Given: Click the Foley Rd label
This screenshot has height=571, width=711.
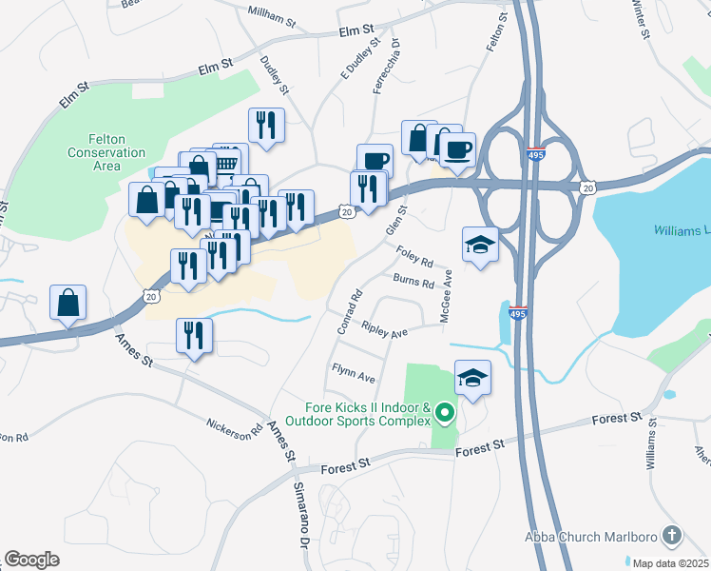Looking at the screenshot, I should coord(414,257).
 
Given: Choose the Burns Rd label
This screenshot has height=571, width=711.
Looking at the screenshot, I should coord(413,282).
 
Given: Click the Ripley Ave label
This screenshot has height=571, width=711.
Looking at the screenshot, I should coord(384,330).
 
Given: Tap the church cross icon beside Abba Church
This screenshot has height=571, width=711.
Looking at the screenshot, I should coord(672,536).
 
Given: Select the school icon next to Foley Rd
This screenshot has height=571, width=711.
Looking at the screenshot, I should coord(481,245).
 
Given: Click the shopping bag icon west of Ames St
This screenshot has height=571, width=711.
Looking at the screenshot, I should coord(68,304).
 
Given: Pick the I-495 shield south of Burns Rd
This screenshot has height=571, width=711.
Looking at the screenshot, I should coord(517,312).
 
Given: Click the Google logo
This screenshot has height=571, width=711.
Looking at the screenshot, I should coord(31,560).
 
